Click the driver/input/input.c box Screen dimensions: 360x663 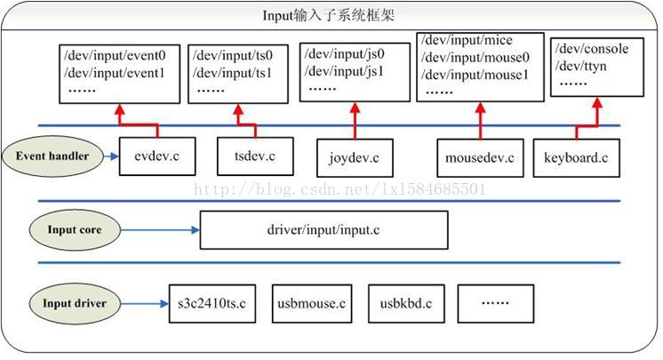(324, 230)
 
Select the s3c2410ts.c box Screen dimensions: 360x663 (212, 303)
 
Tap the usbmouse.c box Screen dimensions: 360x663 (311, 303)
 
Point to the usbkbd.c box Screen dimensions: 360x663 (406, 303)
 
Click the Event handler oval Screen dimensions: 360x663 (52, 156)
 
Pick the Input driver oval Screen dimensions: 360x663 (75, 303)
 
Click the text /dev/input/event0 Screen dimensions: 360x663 (115, 55)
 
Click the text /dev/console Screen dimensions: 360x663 (592, 49)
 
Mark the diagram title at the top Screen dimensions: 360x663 (330, 16)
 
